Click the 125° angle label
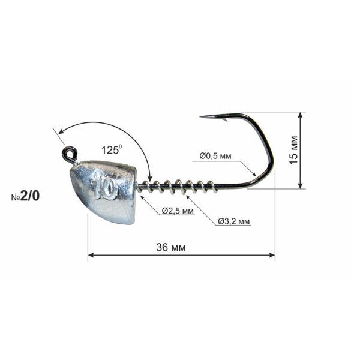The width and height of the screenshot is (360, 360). coord(112,149)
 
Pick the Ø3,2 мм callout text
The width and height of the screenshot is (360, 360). coord(234,221)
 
